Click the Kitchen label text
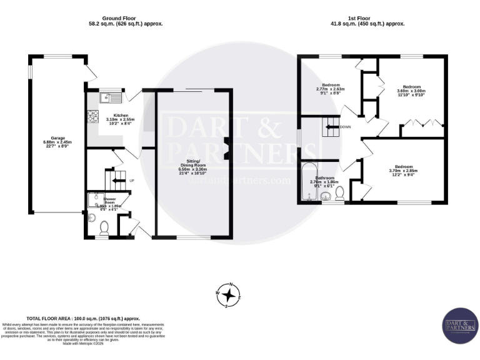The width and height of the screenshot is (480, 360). tap(116, 117)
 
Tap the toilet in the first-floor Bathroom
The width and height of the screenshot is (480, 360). tap(340, 196)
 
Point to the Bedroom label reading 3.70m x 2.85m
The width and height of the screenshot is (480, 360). tap(403, 169)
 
